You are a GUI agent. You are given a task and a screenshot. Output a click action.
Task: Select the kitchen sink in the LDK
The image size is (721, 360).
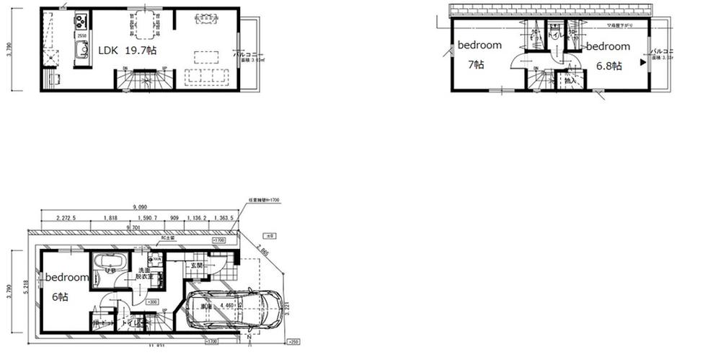click(x=81, y=52)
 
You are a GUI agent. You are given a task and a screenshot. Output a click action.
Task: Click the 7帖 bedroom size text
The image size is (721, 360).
click(x=476, y=64)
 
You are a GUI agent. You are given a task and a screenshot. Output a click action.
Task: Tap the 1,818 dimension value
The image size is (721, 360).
click(x=110, y=218)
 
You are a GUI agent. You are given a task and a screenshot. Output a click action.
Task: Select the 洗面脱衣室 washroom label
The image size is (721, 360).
click(x=146, y=273)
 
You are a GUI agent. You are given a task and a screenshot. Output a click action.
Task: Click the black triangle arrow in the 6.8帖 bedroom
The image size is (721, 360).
click(x=640, y=63)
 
